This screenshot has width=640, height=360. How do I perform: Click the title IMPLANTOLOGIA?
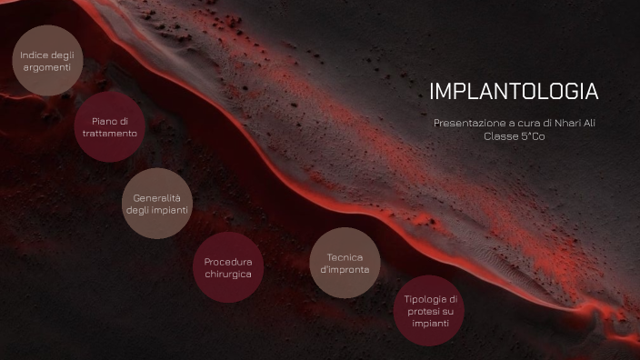(x=514, y=92)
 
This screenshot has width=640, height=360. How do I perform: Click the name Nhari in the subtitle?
(x=564, y=123)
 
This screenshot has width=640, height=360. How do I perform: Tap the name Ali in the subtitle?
(x=590, y=123)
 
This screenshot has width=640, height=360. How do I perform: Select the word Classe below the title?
(x=502, y=136)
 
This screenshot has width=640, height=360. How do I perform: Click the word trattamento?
(x=110, y=134)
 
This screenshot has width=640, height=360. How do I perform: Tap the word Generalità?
(x=157, y=198)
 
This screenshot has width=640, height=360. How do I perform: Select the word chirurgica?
(x=228, y=274)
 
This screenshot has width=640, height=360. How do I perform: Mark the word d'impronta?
(x=345, y=270)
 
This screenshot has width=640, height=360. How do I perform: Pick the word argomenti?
(x=46, y=67)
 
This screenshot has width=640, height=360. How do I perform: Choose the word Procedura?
(x=228, y=262)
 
